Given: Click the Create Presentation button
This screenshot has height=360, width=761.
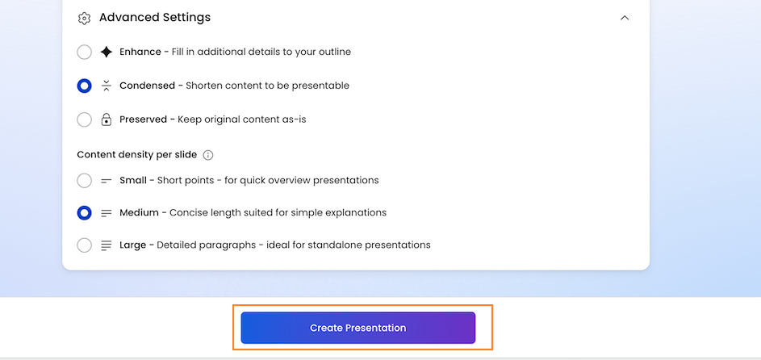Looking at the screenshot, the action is tap(358, 328).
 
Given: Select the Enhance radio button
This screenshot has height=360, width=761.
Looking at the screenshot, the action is tap(85, 52).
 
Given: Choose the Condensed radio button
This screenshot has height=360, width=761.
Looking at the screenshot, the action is tap(85, 86).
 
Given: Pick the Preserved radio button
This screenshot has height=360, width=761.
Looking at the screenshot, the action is tap(85, 119).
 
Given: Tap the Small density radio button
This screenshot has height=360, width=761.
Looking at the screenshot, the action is tap(85, 181).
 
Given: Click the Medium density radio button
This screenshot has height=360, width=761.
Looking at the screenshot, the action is tap(85, 212).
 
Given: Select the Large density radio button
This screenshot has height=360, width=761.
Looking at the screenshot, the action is tap(85, 245).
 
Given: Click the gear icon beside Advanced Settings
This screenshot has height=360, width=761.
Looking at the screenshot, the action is tap(84, 18).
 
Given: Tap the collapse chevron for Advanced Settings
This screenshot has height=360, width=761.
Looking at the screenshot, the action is tap(625, 18).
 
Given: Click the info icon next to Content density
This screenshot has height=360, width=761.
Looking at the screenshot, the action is tap(208, 155).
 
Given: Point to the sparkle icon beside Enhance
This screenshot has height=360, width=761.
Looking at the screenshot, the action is tap(107, 52).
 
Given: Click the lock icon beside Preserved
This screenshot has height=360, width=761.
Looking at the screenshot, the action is tap(107, 119).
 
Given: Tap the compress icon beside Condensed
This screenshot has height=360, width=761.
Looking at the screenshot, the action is tap(107, 86).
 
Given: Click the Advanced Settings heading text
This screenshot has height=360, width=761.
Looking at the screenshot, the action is tap(155, 18).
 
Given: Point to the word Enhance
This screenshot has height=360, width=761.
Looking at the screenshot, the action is tap(140, 52).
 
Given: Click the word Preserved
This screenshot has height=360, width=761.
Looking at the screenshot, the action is tap(143, 119).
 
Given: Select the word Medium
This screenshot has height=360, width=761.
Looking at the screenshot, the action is tap(140, 212).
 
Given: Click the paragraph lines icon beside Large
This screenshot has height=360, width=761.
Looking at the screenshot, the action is tap(107, 245).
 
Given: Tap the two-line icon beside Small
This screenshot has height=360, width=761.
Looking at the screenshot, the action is tap(107, 181).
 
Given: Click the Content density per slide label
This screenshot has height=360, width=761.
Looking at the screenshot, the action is tap(137, 155).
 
